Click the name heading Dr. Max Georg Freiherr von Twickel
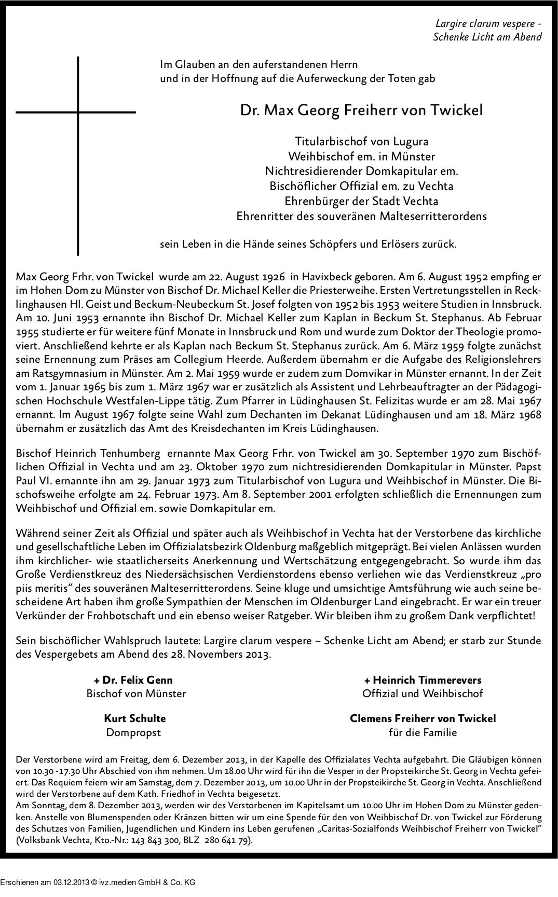pyautogui.click(x=361, y=111)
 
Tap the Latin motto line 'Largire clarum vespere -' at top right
pyautogui.click(x=488, y=23)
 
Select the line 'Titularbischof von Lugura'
pyautogui.click(x=361, y=141)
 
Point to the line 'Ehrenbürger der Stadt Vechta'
pyautogui.click(x=361, y=201)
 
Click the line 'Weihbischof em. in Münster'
pyautogui.click(x=361, y=156)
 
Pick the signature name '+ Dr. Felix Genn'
pyautogui.click(x=133, y=680)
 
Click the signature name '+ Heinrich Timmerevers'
pyautogui.click(x=423, y=680)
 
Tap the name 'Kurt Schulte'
pyautogui.click(x=135, y=718)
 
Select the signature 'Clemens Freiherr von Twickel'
pyautogui.click(x=423, y=718)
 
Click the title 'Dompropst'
pyautogui.click(x=133, y=732)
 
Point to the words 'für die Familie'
pyautogui.click(x=423, y=732)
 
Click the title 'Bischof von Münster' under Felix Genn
pyautogui.click(x=136, y=694)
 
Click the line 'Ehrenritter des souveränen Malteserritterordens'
pyautogui.click(x=361, y=216)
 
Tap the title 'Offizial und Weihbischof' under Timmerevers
pyautogui.click(x=423, y=694)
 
